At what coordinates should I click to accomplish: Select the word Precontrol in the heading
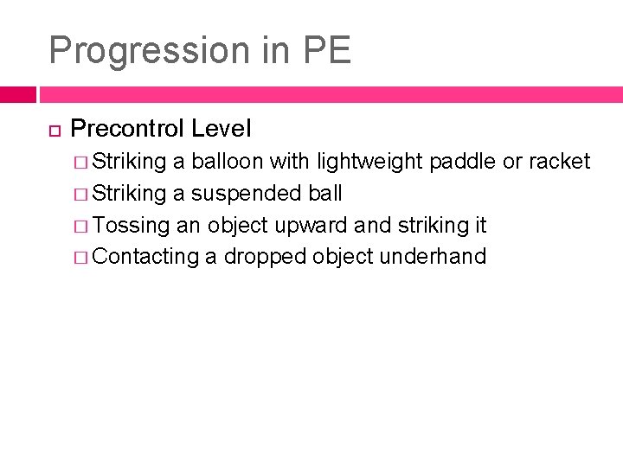point(126,130)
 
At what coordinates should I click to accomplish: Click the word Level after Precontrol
point(221,130)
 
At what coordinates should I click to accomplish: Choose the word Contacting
point(145,257)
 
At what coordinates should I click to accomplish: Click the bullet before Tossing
point(80,226)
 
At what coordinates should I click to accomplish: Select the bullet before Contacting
point(80,258)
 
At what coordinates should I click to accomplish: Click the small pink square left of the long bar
point(17,94)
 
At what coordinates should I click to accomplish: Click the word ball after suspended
point(324,193)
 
